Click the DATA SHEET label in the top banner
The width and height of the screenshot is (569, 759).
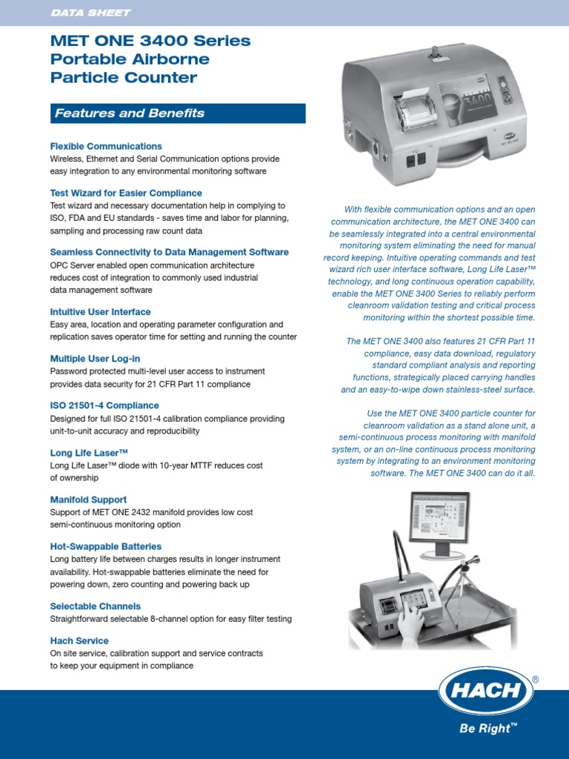point(90,13)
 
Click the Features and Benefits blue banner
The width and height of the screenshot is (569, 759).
point(177,113)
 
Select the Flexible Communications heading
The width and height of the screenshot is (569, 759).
point(106,146)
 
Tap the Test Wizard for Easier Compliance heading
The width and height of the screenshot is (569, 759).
point(126,193)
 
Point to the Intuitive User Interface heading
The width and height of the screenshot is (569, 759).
point(100,312)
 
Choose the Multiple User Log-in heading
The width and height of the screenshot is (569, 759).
point(95,359)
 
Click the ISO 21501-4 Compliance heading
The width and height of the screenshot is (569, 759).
point(104,405)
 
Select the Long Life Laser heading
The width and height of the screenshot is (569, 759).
point(89,452)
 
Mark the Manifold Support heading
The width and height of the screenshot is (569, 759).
point(88,500)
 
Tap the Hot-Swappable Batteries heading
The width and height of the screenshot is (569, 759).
point(105,546)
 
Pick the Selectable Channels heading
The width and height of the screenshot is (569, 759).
point(95,606)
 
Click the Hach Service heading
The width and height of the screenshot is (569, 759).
point(79,640)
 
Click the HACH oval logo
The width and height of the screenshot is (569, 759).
point(486,691)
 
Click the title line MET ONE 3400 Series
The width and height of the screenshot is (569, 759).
point(150,42)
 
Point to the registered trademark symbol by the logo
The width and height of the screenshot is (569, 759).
point(536,679)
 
